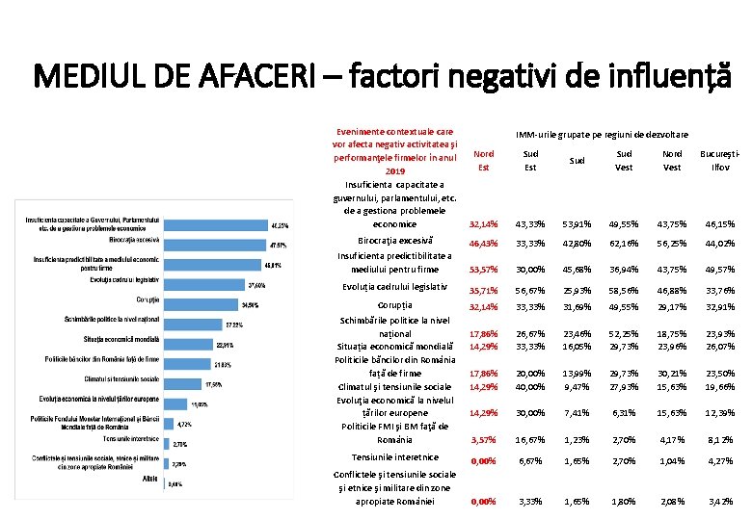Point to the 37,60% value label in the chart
(x=257, y=285)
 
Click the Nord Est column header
(x=484, y=160)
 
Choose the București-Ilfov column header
(x=719, y=160)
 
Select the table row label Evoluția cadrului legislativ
(x=394, y=288)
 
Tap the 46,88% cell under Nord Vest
(x=672, y=290)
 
